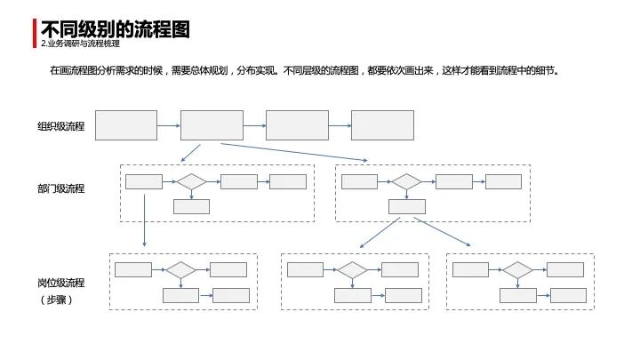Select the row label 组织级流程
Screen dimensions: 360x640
coord(60,126)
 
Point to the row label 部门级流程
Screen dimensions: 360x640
coord(60,188)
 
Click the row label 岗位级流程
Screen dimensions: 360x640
coord(60,283)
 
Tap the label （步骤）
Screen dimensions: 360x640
coord(55,300)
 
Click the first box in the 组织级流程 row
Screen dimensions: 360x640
coord(126,125)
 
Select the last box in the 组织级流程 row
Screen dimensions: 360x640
coord(382,125)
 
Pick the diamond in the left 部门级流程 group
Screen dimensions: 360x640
coord(191,181)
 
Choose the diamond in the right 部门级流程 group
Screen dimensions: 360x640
coord(407,181)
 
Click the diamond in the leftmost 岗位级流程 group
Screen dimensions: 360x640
coord(181,269)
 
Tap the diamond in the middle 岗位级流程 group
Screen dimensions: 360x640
coord(353,269)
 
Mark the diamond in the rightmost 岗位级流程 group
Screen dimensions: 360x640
coord(517,269)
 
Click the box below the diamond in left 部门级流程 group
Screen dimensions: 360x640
coord(191,206)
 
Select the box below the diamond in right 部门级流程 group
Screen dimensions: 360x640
coord(407,206)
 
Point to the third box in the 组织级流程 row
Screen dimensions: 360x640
coord(297,125)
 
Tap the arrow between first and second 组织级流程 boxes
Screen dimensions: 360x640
coord(169,125)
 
